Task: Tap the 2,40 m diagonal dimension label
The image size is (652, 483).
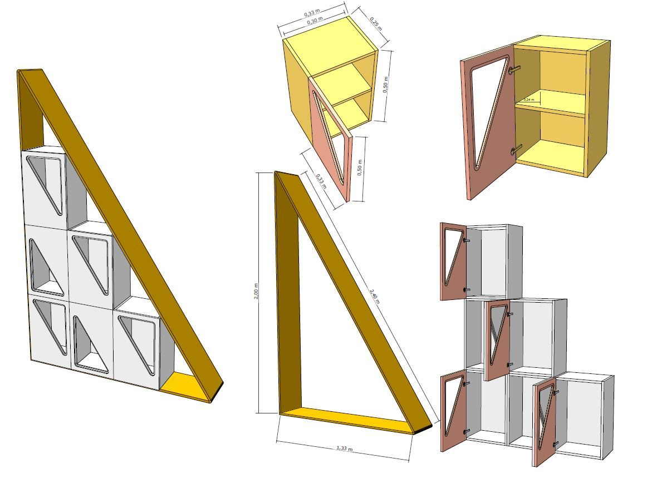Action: coord(375,295)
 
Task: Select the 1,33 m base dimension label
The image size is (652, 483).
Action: coord(344,448)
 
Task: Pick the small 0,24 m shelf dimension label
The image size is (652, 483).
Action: coord(529,100)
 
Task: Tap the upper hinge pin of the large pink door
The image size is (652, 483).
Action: coord(515,68)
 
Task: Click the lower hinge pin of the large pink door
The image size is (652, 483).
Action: coord(516,149)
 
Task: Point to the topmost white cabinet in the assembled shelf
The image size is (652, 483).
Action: coord(45,186)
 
